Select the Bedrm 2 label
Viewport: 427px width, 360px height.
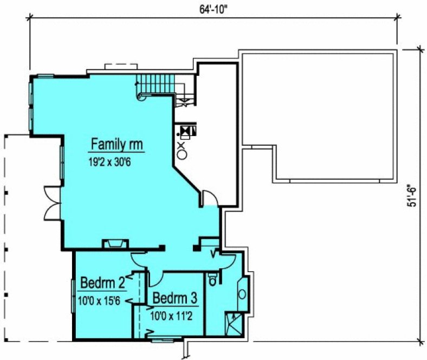tap(103, 282)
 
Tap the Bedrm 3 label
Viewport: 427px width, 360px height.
tap(174, 298)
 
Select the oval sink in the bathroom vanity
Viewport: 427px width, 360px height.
tap(242, 294)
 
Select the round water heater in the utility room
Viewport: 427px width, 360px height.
tap(182, 154)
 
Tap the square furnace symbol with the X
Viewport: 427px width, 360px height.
tap(186, 131)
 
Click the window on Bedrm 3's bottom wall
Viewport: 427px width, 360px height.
tap(163, 340)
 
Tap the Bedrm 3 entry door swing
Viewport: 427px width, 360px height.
tap(157, 278)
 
